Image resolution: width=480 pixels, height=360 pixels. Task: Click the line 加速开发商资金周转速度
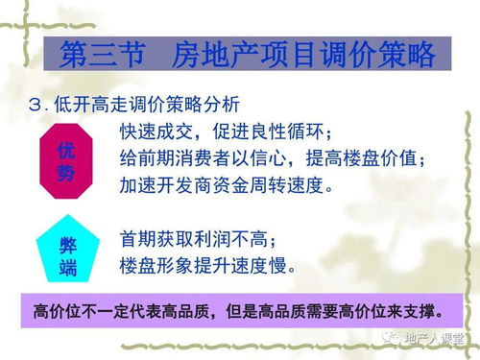[x=228, y=183]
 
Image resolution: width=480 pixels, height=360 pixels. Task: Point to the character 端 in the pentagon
[x=67, y=268]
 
